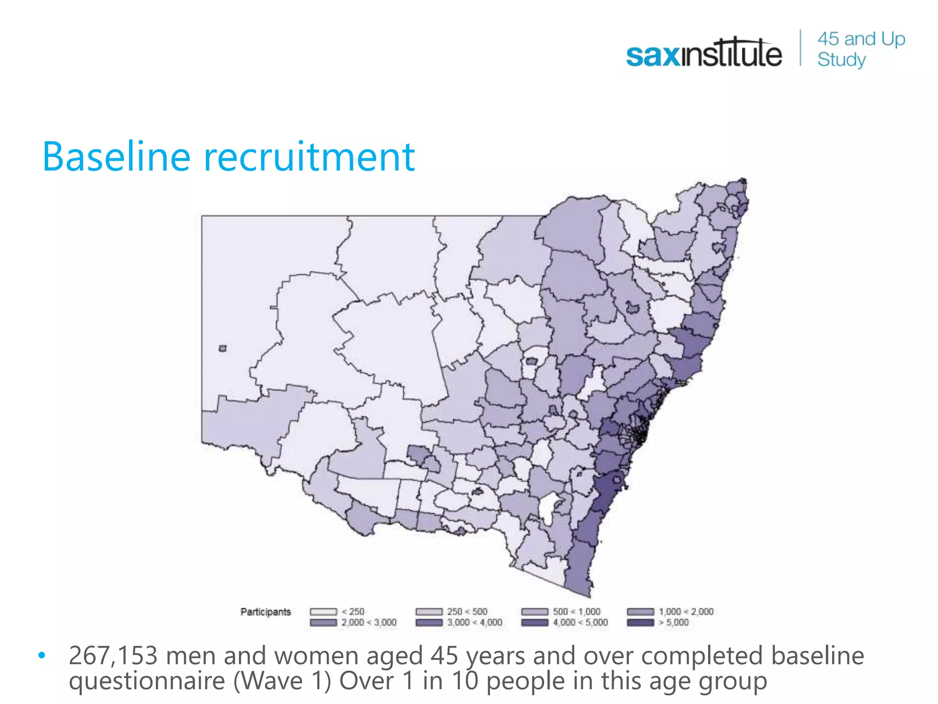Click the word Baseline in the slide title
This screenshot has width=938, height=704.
[116, 157]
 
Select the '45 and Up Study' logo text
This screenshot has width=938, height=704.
[861, 49]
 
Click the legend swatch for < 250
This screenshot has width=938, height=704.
[323, 612]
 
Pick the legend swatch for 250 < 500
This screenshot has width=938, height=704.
[429, 612]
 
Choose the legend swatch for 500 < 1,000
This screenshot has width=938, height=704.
[535, 612]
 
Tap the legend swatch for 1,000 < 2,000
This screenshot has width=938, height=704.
[640, 612]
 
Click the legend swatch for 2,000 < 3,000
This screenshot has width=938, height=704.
[323, 622]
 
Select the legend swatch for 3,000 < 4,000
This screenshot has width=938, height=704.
[429, 622]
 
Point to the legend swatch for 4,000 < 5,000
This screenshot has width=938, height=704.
[535, 622]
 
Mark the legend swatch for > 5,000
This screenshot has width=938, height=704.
[640, 622]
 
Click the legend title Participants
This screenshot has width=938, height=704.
[266, 612]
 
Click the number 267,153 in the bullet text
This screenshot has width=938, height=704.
[113, 655]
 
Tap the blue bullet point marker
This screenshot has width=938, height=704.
[42, 655]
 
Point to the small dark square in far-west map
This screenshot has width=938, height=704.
[223, 348]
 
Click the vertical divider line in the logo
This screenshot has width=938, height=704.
[801, 48]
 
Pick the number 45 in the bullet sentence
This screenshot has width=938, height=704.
[444, 655]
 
